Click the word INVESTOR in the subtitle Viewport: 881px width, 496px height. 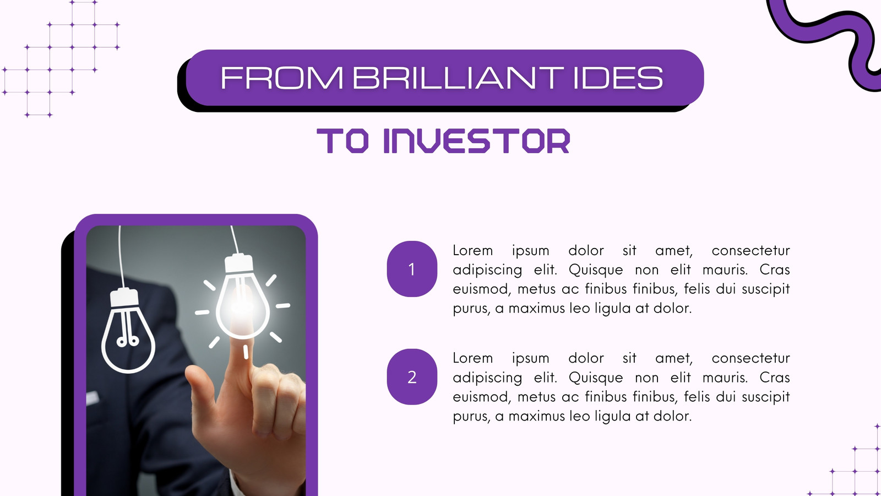pyautogui.click(x=477, y=141)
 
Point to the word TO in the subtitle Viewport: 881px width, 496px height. pyautogui.click(x=342, y=141)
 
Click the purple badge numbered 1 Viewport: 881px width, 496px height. pyautogui.click(x=412, y=269)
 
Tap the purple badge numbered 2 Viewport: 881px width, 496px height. pyautogui.click(x=412, y=377)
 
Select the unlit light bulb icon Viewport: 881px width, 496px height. pyautogui.click(x=128, y=331)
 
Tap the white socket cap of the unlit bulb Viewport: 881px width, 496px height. pyautogui.click(x=124, y=297)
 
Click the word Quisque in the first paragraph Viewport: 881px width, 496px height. pyautogui.click(x=596, y=269)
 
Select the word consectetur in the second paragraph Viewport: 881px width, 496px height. pyautogui.click(x=751, y=358)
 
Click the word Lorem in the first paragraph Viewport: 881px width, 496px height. pyautogui.click(x=473, y=250)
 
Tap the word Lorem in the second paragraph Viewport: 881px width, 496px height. pyautogui.click(x=473, y=358)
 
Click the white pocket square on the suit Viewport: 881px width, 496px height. pyautogui.click(x=93, y=398)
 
